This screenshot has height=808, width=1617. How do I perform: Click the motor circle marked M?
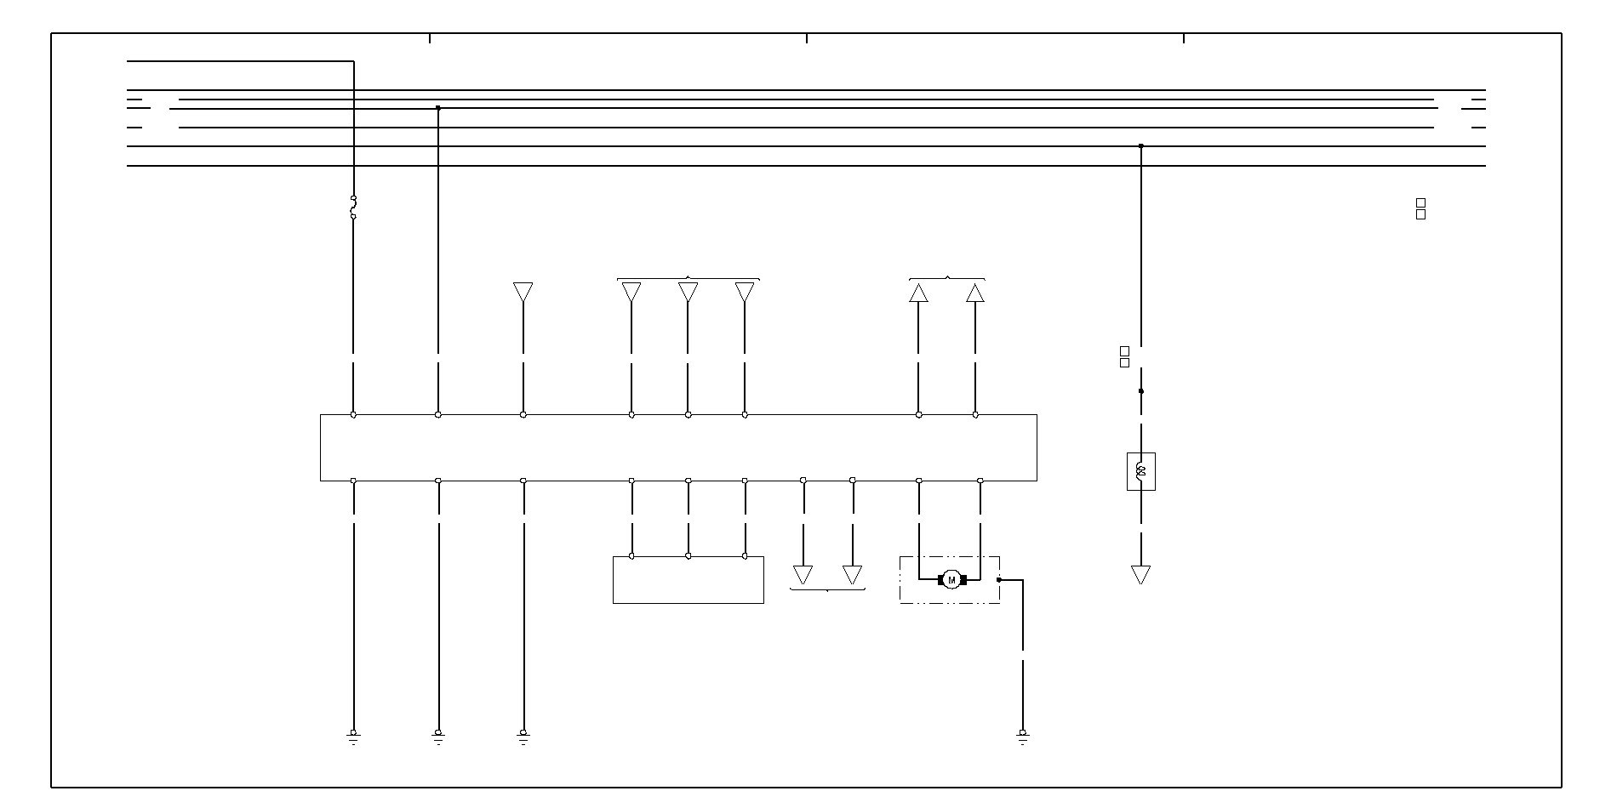[951, 580]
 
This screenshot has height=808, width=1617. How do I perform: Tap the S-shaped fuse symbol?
[353, 208]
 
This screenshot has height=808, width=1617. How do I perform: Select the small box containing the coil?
[1140, 471]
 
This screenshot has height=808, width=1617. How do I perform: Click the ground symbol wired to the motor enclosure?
[1022, 737]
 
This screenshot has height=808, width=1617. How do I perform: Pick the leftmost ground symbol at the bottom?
[353, 737]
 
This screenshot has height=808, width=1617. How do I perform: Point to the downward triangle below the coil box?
[1140, 574]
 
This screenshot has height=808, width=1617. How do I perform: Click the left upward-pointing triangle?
[918, 293]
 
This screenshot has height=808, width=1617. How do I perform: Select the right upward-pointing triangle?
[975, 293]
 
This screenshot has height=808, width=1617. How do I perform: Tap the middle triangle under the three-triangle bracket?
[688, 292]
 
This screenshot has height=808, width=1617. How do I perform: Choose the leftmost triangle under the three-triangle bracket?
[631, 292]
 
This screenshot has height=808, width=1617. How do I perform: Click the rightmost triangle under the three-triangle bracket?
[745, 292]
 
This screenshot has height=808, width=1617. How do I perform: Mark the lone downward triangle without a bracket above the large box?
[523, 292]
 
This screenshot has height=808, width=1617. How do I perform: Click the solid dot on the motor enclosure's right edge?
[999, 580]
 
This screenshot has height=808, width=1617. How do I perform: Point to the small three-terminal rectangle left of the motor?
[688, 580]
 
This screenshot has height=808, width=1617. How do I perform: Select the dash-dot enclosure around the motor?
[950, 600]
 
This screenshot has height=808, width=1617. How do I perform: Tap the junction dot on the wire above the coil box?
[1140, 391]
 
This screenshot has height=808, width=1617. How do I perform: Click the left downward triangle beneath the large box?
[803, 574]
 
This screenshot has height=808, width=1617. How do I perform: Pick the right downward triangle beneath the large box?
[852, 574]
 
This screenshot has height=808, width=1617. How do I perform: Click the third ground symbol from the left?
[523, 737]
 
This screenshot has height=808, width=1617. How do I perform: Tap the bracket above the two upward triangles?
[947, 278]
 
